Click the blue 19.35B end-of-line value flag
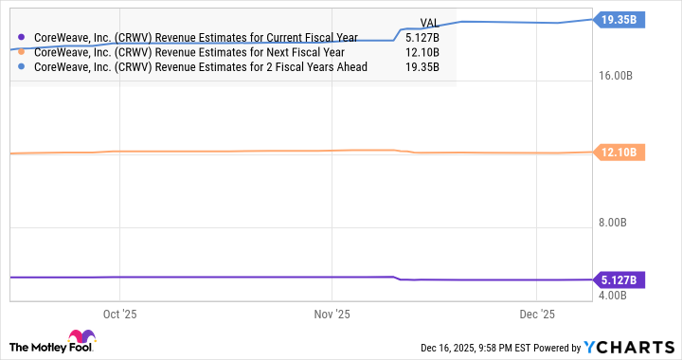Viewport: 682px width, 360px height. click(x=618, y=18)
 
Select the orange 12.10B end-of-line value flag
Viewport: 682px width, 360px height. click(x=618, y=152)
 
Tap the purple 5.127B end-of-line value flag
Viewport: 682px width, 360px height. click(x=619, y=279)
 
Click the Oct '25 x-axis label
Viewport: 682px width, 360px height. click(x=118, y=314)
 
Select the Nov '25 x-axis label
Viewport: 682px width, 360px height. click(x=332, y=314)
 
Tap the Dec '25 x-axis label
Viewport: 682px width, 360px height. click(x=537, y=314)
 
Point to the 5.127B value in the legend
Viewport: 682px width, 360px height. click(x=422, y=39)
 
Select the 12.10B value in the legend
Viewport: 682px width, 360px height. click(x=422, y=54)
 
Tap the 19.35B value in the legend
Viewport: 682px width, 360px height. click(x=422, y=69)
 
